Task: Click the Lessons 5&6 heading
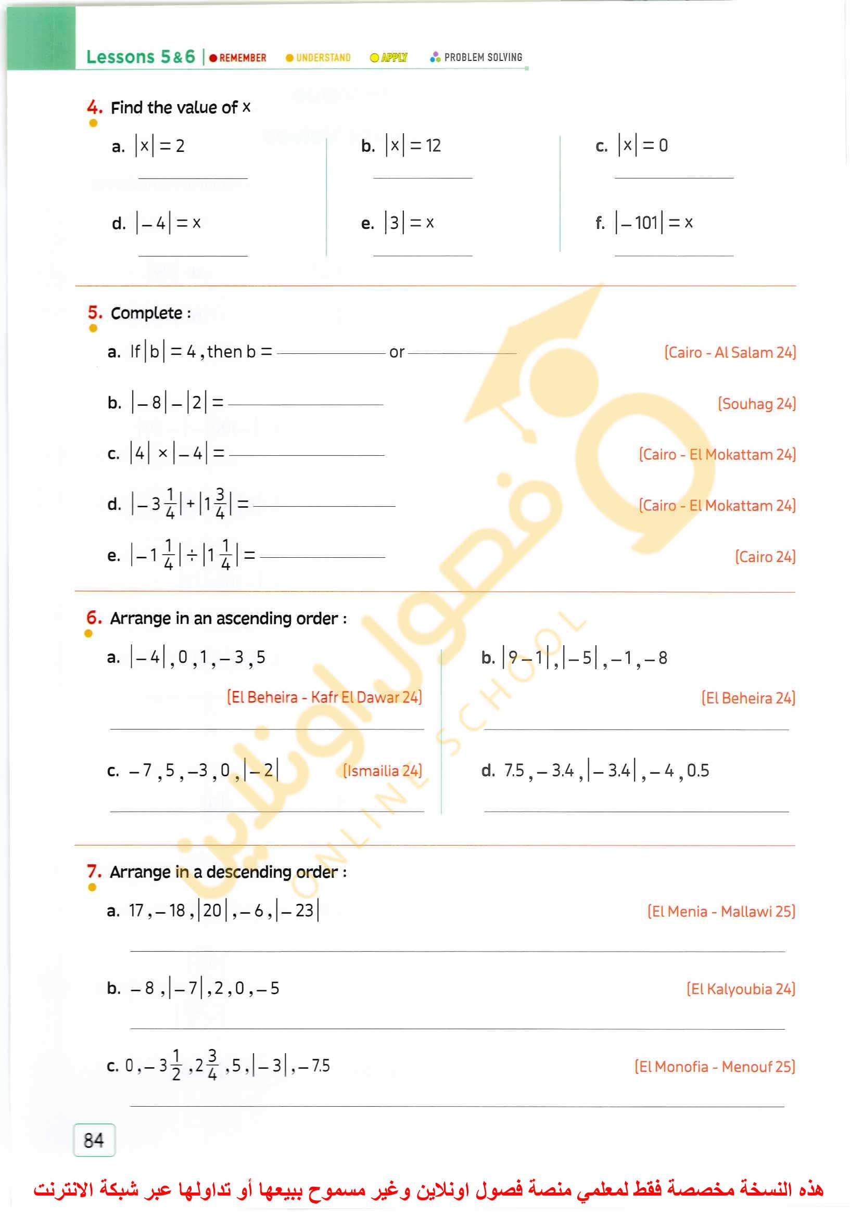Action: pos(141,57)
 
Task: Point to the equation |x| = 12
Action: pos(413,145)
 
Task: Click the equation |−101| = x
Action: pos(654,222)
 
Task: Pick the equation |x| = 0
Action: pos(643,145)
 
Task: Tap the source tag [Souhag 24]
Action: pos(756,404)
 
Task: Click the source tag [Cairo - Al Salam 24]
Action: pos(730,352)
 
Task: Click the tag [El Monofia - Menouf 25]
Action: pos(715,1066)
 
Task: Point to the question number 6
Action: pos(94,618)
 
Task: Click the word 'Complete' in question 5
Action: pos(146,313)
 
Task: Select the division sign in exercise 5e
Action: pos(192,556)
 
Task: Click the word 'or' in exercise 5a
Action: pos(397,352)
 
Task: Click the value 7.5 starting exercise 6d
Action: pos(514,770)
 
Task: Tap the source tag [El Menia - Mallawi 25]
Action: pos(721,912)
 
